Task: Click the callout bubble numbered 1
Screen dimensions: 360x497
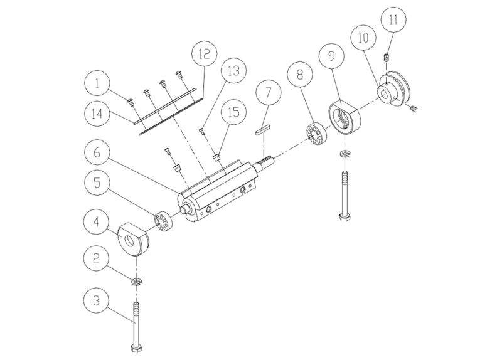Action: coord(98,83)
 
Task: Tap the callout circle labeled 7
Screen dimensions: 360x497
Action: coord(268,93)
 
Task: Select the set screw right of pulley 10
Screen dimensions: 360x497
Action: coord(414,109)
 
